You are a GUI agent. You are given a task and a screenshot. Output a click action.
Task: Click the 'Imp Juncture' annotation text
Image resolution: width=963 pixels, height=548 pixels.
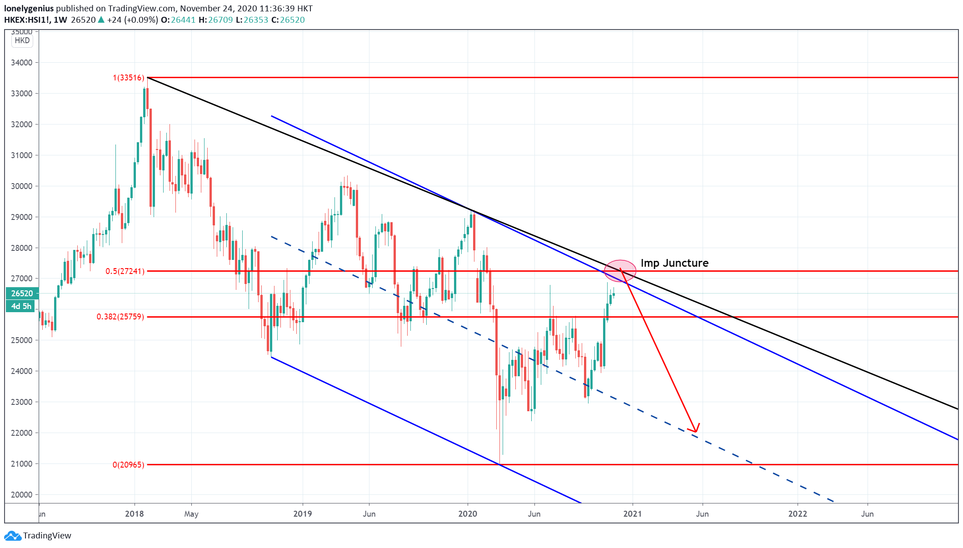[x=674, y=263]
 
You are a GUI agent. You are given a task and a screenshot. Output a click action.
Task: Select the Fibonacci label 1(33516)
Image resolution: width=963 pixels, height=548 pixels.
[x=129, y=78]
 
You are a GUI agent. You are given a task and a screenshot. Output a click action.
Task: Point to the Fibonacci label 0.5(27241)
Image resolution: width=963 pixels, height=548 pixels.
[x=125, y=271]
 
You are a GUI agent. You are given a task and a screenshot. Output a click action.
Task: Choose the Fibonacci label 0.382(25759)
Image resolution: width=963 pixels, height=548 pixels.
[x=120, y=317]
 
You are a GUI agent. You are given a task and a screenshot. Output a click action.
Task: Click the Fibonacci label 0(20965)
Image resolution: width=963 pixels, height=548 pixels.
[x=129, y=465]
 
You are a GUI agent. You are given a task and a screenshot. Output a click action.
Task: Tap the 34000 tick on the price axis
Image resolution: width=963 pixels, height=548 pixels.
[x=22, y=63]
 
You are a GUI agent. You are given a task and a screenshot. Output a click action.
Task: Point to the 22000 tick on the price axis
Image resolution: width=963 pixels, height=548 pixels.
[x=22, y=433]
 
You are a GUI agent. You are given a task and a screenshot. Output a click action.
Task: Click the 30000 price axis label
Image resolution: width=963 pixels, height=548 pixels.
[x=22, y=186]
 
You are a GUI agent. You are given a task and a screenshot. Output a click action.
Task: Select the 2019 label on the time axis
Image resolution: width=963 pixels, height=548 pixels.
[x=303, y=514]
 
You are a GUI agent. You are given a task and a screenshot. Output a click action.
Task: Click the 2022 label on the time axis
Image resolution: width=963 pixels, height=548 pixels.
[x=798, y=514]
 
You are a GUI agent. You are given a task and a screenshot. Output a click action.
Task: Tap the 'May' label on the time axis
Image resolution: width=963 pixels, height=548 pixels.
[x=191, y=514]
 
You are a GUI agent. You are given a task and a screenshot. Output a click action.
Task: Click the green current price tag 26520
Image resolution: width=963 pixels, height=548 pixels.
[x=22, y=294]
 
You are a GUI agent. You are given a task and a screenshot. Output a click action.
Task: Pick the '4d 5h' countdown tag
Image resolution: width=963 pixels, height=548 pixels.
[x=21, y=306]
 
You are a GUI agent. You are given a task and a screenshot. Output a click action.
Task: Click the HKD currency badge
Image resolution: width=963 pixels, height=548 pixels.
[x=22, y=40]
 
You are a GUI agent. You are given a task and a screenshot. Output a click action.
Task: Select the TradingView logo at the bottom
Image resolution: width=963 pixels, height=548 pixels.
[x=38, y=536]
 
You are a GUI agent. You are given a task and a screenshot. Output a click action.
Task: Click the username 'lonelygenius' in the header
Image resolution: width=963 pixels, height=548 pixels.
[x=29, y=9]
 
